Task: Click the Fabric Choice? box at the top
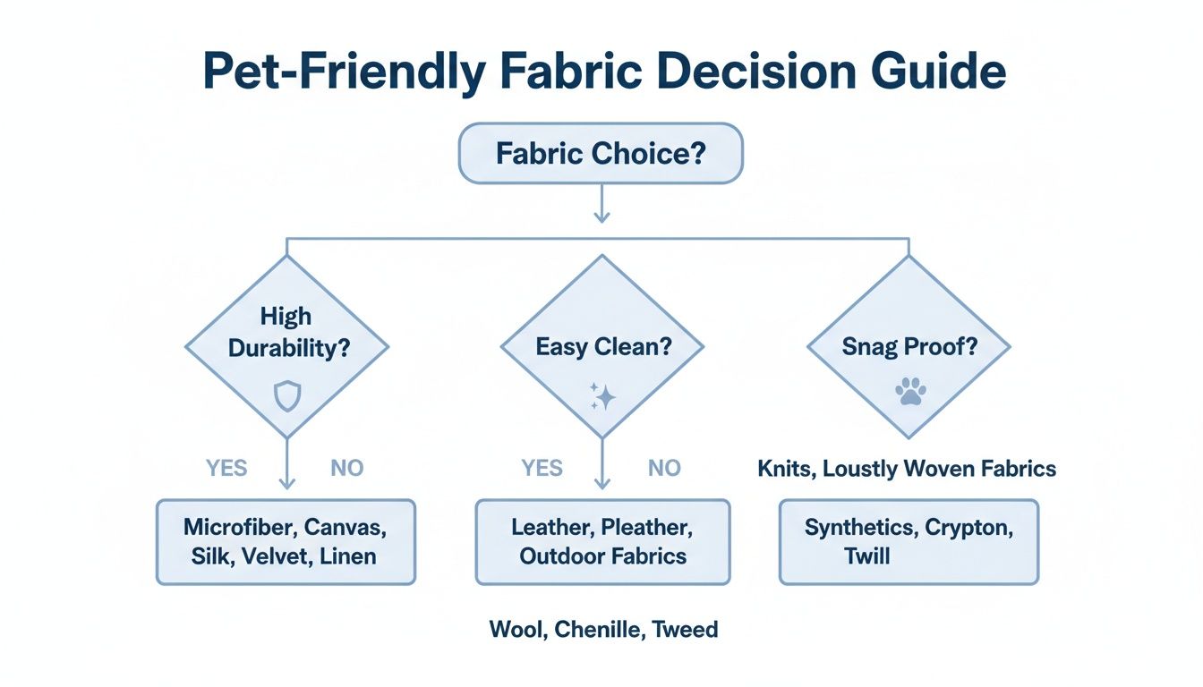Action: click(x=601, y=154)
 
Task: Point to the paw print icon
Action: click(x=909, y=392)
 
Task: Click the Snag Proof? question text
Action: click(x=909, y=347)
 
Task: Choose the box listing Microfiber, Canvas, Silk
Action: click(x=286, y=542)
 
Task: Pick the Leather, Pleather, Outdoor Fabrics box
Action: click(x=602, y=542)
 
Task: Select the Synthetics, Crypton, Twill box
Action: click(x=909, y=542)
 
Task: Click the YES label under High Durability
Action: click(x=226, y=469)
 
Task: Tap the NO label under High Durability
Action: click(x=347, y=469)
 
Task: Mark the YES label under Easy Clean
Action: click(x=542, y=469)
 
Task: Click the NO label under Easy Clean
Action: click(x=664, y=469)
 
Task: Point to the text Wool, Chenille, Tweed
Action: click(x=603, y=630)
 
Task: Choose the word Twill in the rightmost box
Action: click(x=867, y=556)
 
